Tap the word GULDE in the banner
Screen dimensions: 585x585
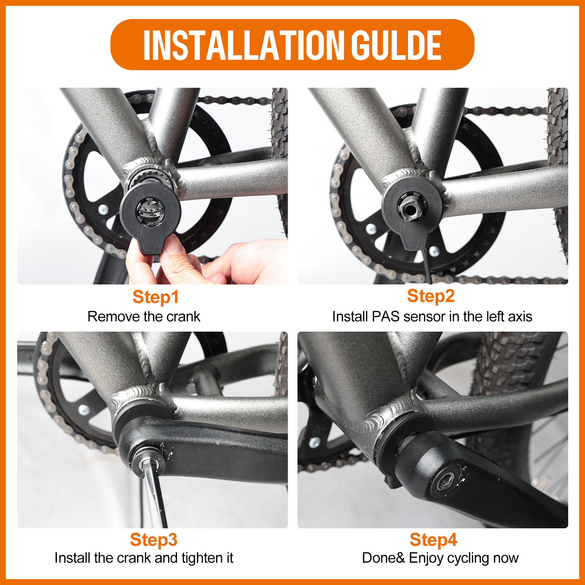396,45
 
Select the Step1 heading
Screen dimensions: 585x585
156,297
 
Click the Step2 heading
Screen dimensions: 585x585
431,296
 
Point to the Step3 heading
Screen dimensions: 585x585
154,540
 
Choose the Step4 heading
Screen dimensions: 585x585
433,540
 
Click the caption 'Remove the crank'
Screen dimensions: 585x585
144,317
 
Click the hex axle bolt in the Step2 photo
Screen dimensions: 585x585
410,208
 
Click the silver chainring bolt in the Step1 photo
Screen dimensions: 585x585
103,210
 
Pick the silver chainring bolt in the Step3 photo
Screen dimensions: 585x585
83,410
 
